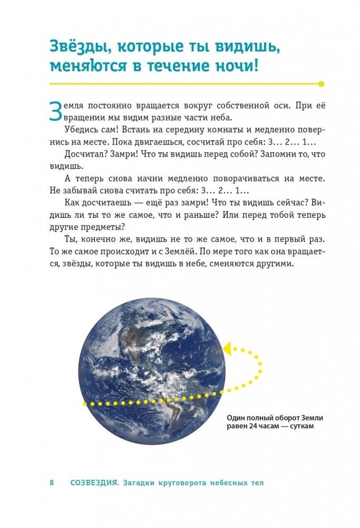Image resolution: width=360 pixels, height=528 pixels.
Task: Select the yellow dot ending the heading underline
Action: point(322,83)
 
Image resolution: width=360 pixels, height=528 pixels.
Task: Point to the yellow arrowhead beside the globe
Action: point(227,348)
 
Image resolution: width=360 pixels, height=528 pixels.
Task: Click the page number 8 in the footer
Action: point(52,483)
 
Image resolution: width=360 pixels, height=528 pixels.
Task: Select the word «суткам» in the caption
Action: point(301,427)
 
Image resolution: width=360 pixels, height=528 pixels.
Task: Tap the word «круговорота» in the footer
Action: point(178,483)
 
